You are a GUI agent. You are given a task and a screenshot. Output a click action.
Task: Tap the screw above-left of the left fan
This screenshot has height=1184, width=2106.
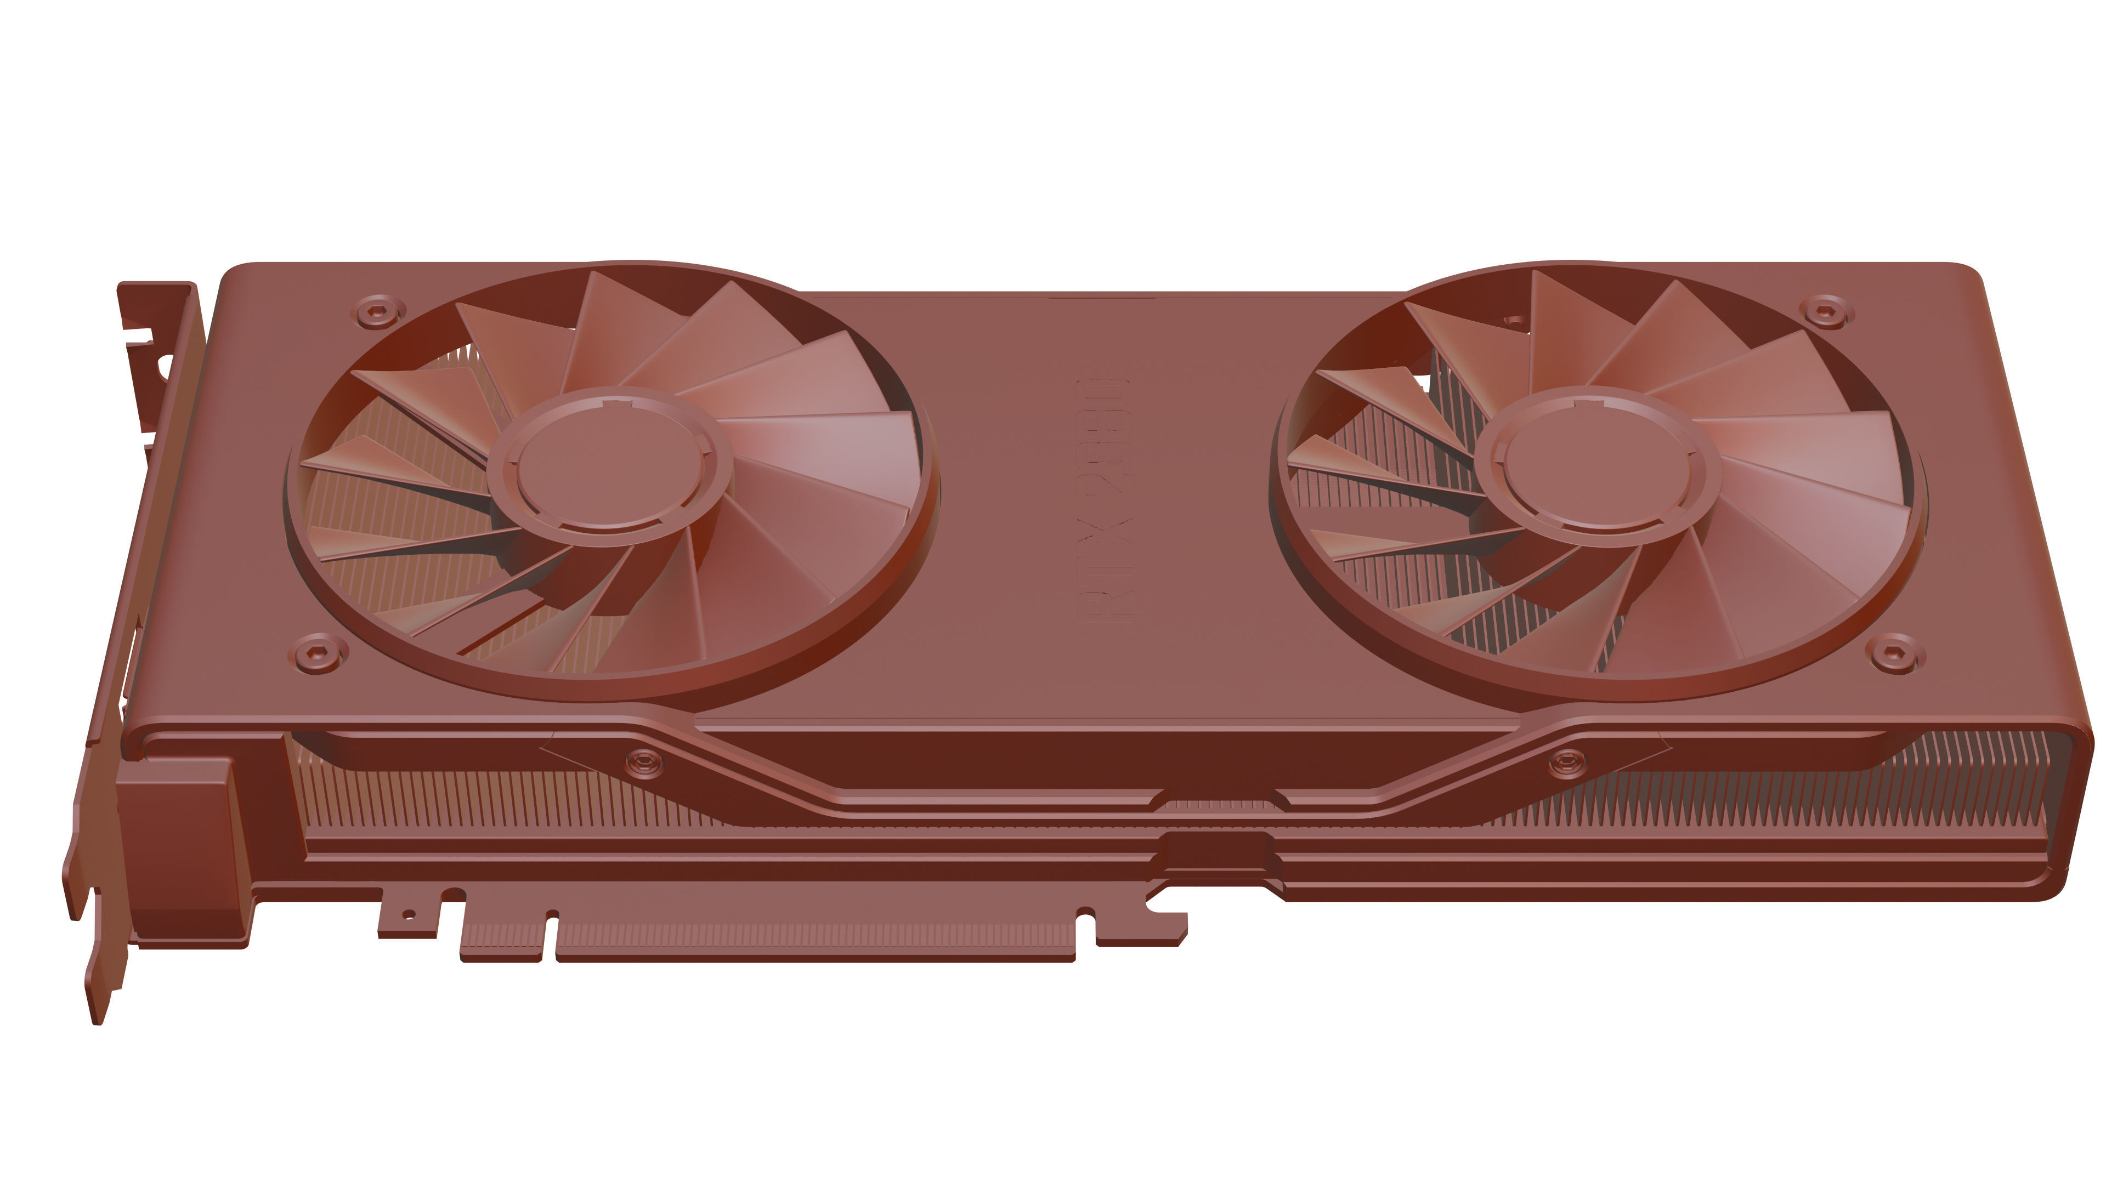click(378, 311)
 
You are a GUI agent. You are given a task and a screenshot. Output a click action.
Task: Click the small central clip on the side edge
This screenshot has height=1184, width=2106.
click(1216, 850)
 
